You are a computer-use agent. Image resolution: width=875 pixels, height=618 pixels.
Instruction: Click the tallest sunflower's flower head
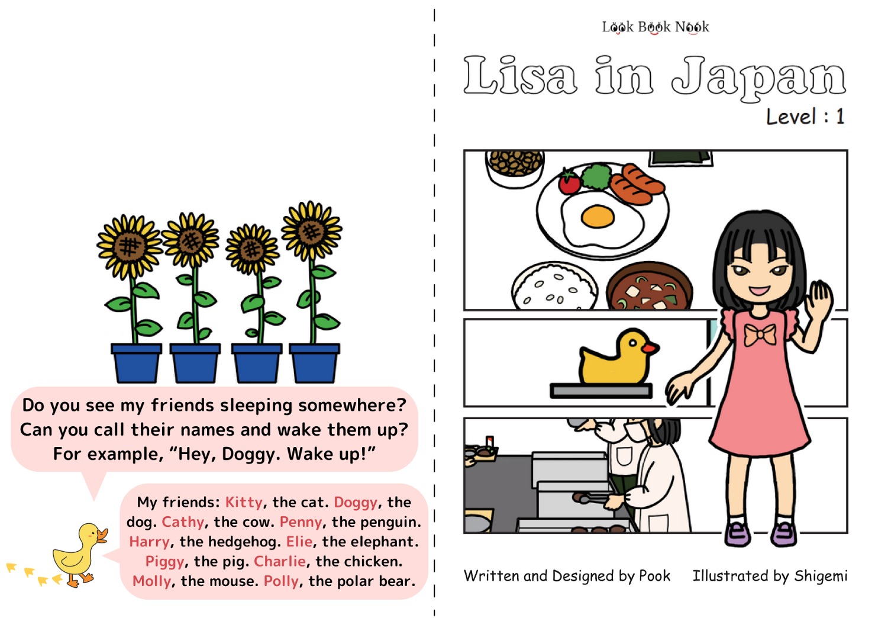312,231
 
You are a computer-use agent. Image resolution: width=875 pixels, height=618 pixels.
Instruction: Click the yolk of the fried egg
598,216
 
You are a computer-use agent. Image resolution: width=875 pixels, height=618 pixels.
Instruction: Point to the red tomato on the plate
569,182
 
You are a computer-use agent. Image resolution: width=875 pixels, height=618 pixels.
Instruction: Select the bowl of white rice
554,287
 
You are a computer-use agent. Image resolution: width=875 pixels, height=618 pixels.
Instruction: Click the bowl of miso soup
649,287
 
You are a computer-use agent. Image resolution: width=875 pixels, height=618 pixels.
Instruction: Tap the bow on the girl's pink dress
760,334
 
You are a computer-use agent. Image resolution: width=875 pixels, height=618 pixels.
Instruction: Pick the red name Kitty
244,502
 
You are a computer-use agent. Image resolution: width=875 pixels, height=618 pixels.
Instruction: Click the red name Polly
281,581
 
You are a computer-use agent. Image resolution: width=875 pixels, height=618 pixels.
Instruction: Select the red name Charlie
280,561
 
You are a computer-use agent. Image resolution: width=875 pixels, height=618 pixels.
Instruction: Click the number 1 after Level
840,117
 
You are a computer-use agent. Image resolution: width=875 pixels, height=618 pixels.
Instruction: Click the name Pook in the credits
654,576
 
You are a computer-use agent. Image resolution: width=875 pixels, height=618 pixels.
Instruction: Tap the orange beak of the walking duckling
102,535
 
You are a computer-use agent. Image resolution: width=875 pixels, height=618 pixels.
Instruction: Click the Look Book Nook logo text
655,27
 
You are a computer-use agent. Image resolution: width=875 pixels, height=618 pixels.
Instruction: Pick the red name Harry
149,542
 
